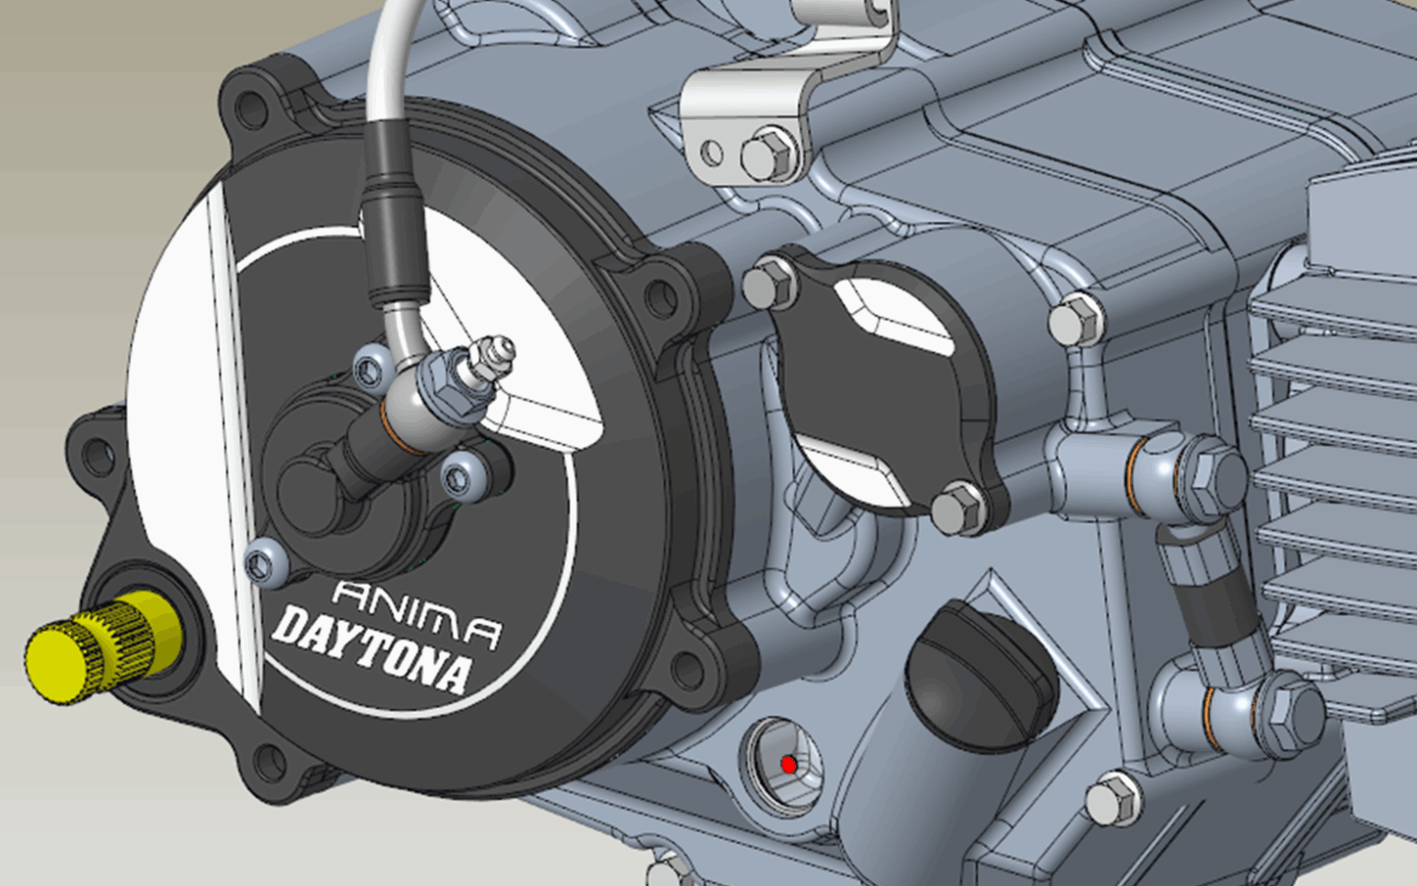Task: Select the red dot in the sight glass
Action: click(x=788, y=765)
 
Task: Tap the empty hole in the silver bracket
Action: click(x=713, y=152)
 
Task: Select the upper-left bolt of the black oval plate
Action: click(x=770, y=283)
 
